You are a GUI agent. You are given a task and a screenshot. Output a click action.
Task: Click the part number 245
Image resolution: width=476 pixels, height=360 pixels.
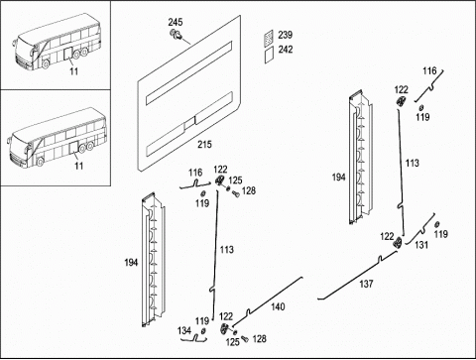point(176,22)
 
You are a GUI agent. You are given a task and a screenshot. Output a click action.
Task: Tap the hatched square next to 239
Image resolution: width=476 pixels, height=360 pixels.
point(269,37)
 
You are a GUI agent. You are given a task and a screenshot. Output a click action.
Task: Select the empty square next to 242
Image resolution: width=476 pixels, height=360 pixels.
point(269,55)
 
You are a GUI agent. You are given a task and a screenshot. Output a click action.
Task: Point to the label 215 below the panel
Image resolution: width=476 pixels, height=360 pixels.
point(204,144)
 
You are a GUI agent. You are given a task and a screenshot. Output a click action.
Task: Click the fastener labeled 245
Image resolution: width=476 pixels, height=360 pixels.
point(177,34)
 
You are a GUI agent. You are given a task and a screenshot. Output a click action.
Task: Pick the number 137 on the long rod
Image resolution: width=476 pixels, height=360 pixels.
point(366,284)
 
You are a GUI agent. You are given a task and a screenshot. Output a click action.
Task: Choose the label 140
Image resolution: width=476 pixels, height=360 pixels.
point(278,306)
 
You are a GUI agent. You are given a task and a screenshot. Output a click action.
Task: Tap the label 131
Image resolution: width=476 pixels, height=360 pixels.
point(421,245)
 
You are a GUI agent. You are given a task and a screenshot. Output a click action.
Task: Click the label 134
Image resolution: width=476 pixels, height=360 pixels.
point(184,330)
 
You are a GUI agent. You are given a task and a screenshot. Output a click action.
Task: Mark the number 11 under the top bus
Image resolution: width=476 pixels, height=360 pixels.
point(74,71)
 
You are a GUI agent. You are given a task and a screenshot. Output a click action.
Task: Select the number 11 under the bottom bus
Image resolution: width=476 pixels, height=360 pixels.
point(78,166)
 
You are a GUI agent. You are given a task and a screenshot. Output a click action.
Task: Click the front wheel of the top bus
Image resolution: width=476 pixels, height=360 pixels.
point(45,63)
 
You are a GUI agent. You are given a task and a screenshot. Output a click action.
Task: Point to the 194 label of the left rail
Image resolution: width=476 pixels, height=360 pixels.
point(131,263)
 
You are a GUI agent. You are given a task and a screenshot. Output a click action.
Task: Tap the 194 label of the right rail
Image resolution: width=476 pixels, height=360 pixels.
point(338,178)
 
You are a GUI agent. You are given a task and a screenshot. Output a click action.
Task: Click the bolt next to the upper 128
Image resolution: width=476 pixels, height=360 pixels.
point(236,193)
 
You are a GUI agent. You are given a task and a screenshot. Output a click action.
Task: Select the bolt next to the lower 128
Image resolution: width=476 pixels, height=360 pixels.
point(245,339)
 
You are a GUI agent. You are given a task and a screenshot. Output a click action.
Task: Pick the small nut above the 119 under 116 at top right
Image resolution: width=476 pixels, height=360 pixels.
point(421,107)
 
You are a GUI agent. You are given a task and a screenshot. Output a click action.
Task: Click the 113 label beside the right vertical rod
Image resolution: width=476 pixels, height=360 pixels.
point(413,163)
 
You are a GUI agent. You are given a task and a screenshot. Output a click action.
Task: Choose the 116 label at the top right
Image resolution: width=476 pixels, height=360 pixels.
point(429,70)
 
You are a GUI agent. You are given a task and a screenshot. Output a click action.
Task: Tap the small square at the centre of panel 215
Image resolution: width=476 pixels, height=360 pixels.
point(189,123)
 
